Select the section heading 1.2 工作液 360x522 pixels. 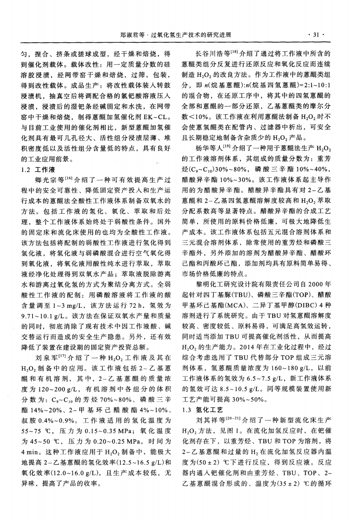(36, 170)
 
